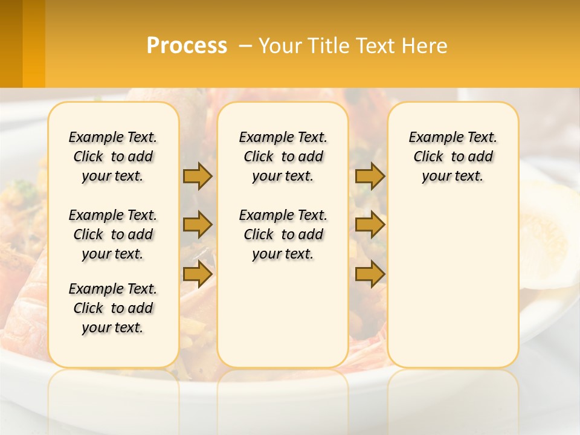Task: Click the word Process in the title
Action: (x=187, y=45)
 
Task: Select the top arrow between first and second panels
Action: (x=198, y=176)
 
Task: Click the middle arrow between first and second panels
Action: (x=198, y=225)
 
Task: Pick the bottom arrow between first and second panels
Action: (x=198, y=274)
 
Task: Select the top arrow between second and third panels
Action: (x=370, y=176)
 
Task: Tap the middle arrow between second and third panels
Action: (x=370, y=225)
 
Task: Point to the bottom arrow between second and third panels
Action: (x=370, y=274)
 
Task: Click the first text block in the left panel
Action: (x=113, y=156)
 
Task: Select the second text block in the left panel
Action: (x=113, y=234)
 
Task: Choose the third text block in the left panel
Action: (x=113, y=308)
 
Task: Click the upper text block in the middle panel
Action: (x=283, y=156)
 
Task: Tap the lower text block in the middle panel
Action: (x=283, y=234)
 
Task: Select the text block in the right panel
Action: (x=453, y=156)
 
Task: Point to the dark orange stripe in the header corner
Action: (x=11, y=43)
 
